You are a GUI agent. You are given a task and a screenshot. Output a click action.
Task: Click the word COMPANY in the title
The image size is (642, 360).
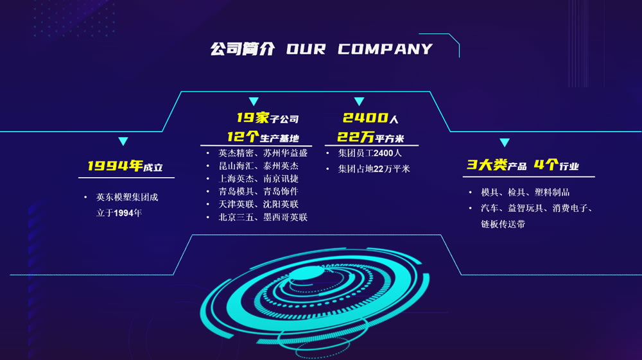(x=385, y=49)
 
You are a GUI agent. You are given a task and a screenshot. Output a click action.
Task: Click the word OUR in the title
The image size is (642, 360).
(x=306, y=49)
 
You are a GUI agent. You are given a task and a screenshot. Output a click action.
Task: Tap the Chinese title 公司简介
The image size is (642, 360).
(x=243, y=49)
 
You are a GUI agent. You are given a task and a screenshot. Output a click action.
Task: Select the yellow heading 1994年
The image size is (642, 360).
(x=115, y=166)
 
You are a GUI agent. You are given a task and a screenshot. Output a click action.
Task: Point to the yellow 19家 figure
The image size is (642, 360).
(x=252, y=118)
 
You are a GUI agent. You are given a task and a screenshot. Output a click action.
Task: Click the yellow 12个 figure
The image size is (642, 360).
(x=243, y=137)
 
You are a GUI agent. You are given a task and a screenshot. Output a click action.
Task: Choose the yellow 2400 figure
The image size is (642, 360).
(x=365, y=118)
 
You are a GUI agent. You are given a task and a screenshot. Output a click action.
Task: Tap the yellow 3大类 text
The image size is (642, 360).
(x=487, y=165)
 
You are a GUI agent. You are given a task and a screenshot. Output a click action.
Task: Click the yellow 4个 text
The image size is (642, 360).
(x=546, y=165)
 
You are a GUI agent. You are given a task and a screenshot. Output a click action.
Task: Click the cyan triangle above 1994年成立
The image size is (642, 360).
(x=123, y=142)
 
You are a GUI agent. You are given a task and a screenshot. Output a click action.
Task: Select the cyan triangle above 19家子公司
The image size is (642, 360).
(x=254, y=101)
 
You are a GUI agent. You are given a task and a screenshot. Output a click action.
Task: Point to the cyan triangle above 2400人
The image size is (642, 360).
(x=359, y=101)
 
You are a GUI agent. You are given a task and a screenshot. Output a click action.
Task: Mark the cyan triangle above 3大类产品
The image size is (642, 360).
(x=505, y=142)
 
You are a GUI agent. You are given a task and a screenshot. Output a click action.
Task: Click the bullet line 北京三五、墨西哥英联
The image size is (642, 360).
(x=263, y=218)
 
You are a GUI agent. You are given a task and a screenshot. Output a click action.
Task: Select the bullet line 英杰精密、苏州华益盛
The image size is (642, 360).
(x=263, y=153)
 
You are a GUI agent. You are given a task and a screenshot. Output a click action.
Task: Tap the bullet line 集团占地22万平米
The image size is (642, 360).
(x=374, y=169)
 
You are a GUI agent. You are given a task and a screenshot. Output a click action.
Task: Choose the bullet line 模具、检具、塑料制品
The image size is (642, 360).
(x=525, y=193)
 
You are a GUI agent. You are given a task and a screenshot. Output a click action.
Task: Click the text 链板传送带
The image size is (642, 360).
(x=503, y=224)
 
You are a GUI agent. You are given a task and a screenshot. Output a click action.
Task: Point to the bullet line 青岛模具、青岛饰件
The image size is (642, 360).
(x=258, y=191)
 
